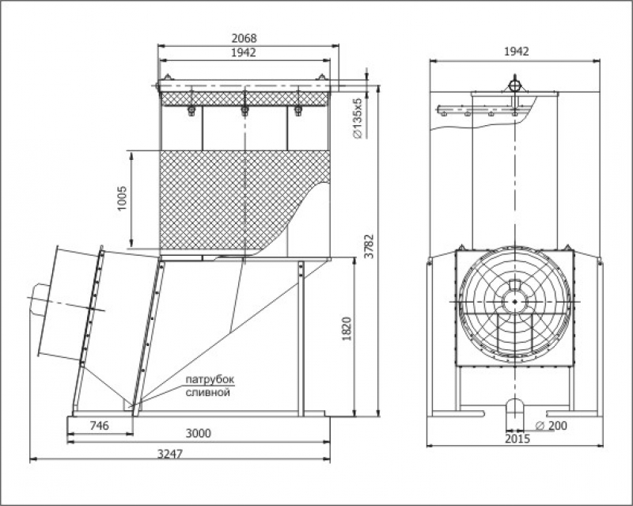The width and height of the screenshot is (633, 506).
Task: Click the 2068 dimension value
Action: pyautogui.click(x=244, y=38)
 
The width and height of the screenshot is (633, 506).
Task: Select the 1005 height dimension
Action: pyautogui.click(x=122, y=198)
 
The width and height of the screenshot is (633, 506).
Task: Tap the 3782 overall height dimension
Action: pyautogui.click(x=369, y=246)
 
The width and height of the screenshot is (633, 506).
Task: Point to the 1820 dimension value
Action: pyautogui.click(x=347, y=328)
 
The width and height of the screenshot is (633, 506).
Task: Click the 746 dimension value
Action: pyautogui.click(x=99, y=425)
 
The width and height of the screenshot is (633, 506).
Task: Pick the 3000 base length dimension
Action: pyautogui.click(x=199, y=433)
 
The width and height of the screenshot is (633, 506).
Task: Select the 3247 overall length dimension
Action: pyautogui.click(x=170, y=454)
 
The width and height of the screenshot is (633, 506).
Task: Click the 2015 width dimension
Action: pyautogui.click(x=517, y=439)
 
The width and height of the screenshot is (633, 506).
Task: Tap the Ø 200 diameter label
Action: pyautogui.click(x=551, y=425)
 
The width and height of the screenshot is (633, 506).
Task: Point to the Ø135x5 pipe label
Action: pyautogui.click(x=358, y=118)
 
